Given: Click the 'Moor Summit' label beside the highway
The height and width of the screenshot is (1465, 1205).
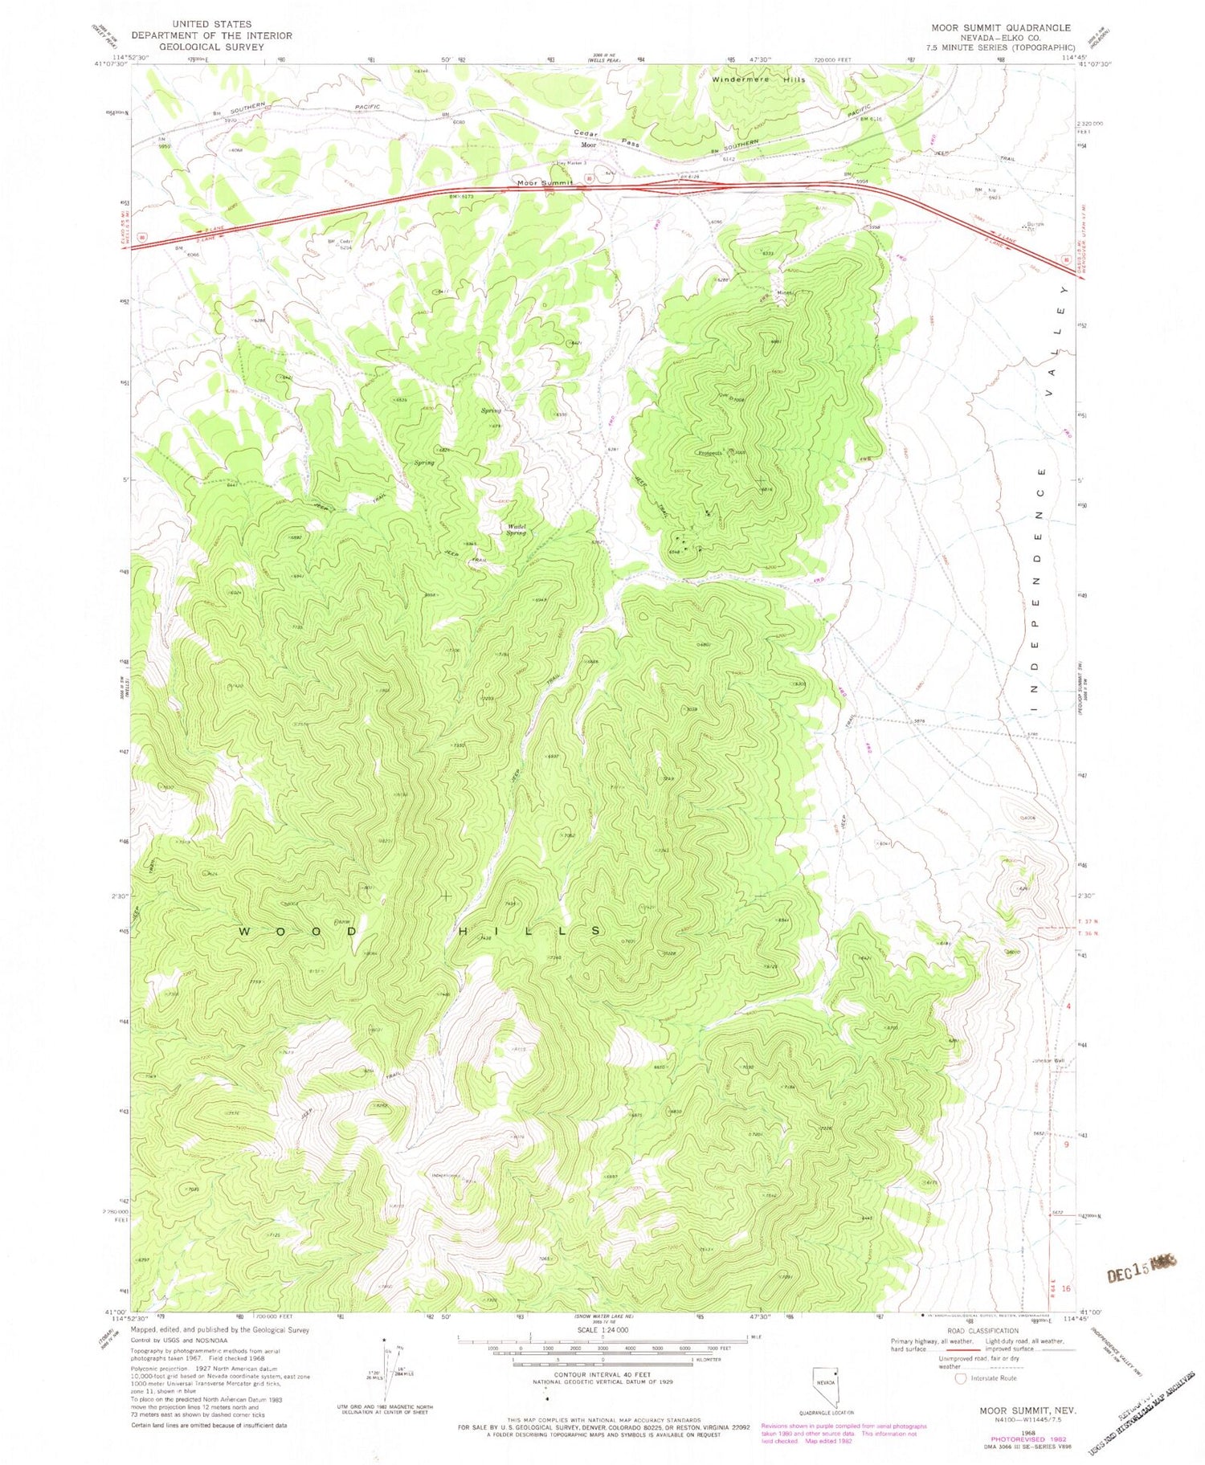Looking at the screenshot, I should pos(545,184).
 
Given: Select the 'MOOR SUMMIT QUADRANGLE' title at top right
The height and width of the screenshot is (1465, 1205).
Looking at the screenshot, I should pos(1000,27).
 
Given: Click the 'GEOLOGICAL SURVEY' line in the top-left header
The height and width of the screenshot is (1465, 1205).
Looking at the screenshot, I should pos(211,47).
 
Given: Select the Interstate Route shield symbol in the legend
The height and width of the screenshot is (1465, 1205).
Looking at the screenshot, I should pos(960,1378).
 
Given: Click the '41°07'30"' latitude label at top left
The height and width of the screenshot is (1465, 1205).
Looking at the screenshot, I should pos(110,66).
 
